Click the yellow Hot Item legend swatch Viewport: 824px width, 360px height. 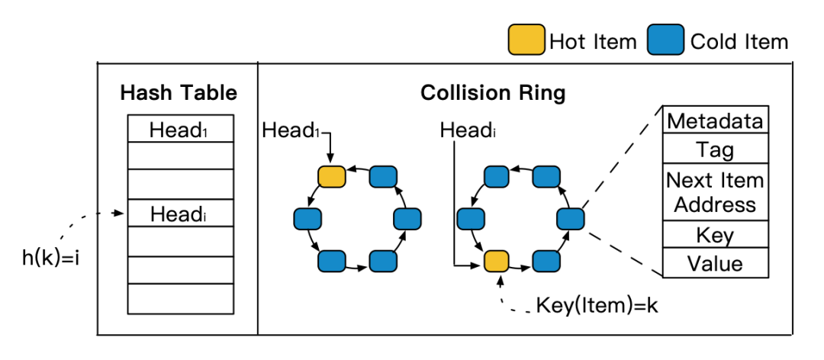526,41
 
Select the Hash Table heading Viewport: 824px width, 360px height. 179,93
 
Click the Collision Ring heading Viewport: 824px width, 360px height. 493,93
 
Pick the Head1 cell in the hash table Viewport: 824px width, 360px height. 179,130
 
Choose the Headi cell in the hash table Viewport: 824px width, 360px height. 179,214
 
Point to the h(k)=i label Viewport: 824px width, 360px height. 51,257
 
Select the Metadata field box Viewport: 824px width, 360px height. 715,121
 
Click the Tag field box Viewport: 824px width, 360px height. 715,149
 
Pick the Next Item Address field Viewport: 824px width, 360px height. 715,192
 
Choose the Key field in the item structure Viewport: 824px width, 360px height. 715,235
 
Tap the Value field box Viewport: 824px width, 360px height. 715,264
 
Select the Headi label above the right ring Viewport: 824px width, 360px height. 468,130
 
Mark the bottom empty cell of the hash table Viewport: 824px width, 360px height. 179,297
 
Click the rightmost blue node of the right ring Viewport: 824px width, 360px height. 570,219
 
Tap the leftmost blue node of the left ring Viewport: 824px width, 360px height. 307,219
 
